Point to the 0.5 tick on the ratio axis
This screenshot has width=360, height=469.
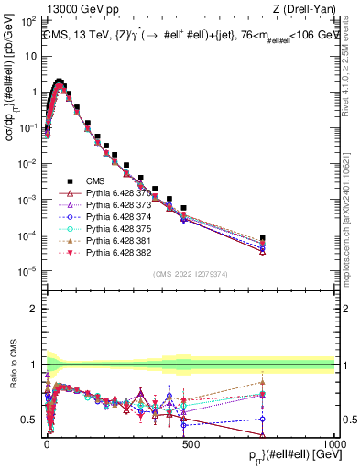click(32, 420)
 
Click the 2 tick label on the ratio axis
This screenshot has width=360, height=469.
click(35, 309)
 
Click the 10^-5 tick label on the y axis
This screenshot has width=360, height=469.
click(27, 270)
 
